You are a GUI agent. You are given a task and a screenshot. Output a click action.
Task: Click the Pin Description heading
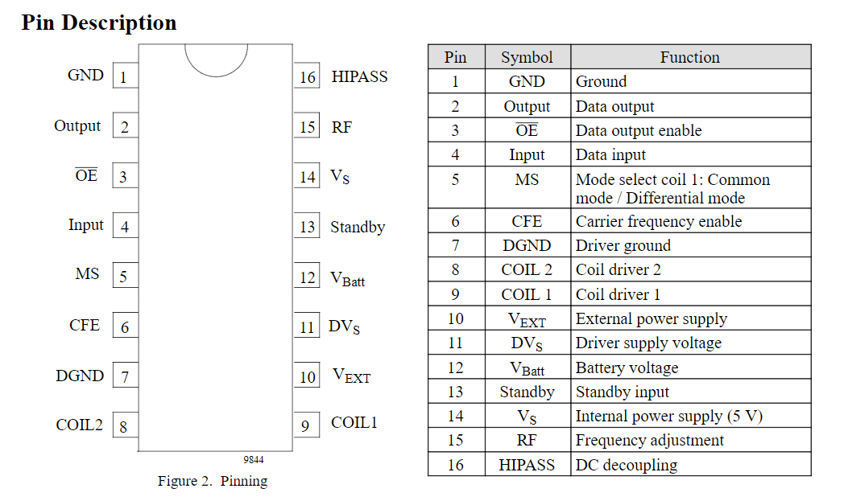pyautogui.click(x=99, y=23)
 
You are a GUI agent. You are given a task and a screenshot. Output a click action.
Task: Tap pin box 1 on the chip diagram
pyautogui.click(x=124, y=77)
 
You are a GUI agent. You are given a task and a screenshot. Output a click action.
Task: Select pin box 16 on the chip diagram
pyautogui.click(x=307, y=77)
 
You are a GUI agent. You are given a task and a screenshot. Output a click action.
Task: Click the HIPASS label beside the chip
pyautogui.click(x=359, y=77)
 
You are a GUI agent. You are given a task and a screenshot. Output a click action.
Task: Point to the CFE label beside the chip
pyautogui.click(x=85, y=326)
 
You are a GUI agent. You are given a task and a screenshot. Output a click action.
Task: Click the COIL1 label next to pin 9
pyautogui.click(x=354, y=423)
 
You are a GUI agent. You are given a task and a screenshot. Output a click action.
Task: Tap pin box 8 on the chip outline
pyautogui.click(x=124, y=426)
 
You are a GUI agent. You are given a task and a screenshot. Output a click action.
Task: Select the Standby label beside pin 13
pyautogui.click(x=358, y=227)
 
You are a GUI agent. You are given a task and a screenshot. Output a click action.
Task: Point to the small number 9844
pyautogui.click(x=254, y=460)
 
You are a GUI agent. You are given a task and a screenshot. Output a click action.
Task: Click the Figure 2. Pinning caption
pyautogui.click(x=213, y=482)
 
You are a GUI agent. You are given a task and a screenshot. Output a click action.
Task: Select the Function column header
pyautogui.click(x=690, y=57)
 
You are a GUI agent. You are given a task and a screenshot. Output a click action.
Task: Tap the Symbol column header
pyautogui.click(x=527, y=57)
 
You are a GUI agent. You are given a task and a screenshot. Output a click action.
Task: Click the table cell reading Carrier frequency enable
pyautogui.click(x=659, y=221)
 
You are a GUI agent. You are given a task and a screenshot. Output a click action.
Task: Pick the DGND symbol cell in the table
pyautogui.click(x=527, y=245)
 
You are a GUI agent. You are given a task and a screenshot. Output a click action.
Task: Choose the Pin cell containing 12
pyautogui.click(x=456, y=368)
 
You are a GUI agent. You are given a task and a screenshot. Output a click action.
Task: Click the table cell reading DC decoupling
pyautogui.click(x=627, y=465)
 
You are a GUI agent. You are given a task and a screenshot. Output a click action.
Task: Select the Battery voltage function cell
pyautogui.click(x=627, y=368)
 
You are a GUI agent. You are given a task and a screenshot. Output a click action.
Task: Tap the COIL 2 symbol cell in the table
pyautogui.click(x=527, y=269)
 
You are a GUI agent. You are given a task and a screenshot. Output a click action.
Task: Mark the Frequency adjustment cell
pyautogui.click(x=650, y=441)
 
